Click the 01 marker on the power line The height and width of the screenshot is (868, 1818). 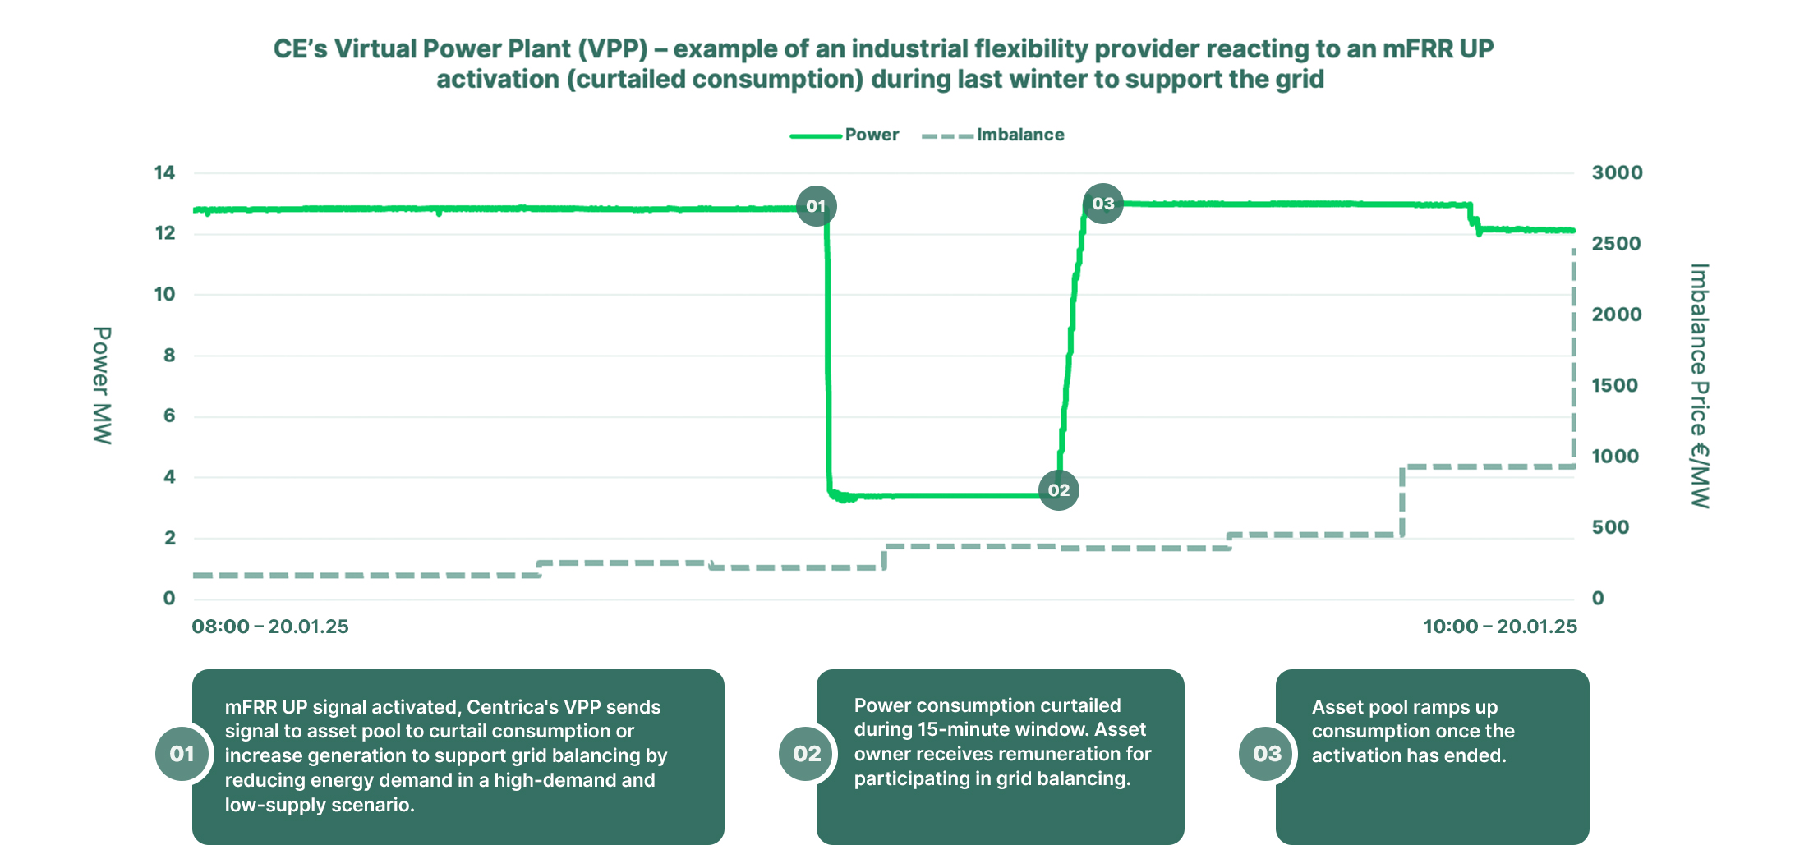tap(816, 206)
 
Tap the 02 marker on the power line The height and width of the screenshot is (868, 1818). tap(1058, 490)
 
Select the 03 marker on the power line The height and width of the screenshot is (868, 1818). tap(1102, 204)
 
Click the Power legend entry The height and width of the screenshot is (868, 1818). tap(872, 135)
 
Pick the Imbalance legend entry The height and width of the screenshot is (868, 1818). tap(1019, 135)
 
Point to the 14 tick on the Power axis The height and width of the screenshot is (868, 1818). tap(164, 172)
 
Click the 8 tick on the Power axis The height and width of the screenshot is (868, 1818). tap(169, 355)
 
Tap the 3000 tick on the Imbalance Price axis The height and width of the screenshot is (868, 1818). tap(1617, 172)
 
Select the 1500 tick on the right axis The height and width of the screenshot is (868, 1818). tap(1614, 385)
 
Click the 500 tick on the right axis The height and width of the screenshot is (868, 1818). tap(1610, 527)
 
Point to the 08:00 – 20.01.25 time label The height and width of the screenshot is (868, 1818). tap(270, 627)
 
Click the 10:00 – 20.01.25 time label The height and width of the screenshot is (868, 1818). tap(1500, 627)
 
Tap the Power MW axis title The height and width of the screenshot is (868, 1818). tap(102, 385)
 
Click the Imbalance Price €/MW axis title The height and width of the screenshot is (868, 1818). tap(1700, 385)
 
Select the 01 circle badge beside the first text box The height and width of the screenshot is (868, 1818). tap(182, 753)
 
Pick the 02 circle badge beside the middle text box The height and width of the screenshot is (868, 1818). tap(807, 753)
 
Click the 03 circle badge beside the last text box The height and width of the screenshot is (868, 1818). tap(1267, 753)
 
